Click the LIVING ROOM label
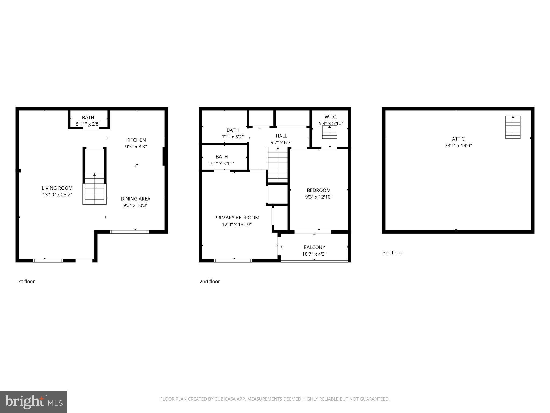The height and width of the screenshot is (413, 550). tap(57, 188)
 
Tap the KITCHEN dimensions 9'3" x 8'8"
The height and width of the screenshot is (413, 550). tap(136, 147)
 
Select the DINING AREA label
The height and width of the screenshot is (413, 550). tap(135, 199)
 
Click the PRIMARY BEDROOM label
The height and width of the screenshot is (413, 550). tap(237, 218)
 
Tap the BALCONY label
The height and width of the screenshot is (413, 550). tap(314, 247)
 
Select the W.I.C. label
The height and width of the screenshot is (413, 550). tap(331, 117)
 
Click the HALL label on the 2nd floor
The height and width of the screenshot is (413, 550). tap(281, 136)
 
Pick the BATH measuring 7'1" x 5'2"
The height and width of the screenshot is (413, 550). tap(233, 133)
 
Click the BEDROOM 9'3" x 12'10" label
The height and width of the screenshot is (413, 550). tap(319, 190)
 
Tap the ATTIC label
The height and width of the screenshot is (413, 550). tap(458, 139)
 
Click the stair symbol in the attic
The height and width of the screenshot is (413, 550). tap(513, 127)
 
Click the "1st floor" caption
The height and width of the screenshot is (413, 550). tap(26, 282)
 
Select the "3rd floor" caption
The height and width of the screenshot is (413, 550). tap(392, 252)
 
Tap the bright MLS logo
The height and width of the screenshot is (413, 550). tap(33, 402)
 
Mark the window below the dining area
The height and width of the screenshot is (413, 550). tap(129, 232)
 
